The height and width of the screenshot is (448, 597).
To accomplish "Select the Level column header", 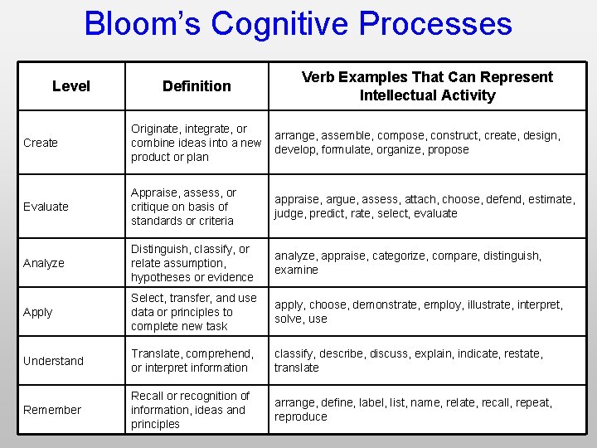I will (x=71, y=86).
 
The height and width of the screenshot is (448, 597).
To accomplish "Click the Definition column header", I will (x=197, y=86).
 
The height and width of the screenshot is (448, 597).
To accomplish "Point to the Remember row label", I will (x=52, y=410).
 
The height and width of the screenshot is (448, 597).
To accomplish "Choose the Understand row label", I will (x=53, y=361).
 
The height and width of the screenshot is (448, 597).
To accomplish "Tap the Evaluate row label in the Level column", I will (x=46, y=207).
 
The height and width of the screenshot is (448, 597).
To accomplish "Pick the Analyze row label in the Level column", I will (x=44, y=263).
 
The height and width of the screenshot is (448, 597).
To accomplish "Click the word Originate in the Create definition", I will (x=156, y=129).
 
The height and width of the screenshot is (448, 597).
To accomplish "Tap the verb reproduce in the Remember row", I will (x=301, y=416).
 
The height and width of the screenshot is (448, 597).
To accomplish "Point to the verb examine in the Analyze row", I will (x=296, y=270).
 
